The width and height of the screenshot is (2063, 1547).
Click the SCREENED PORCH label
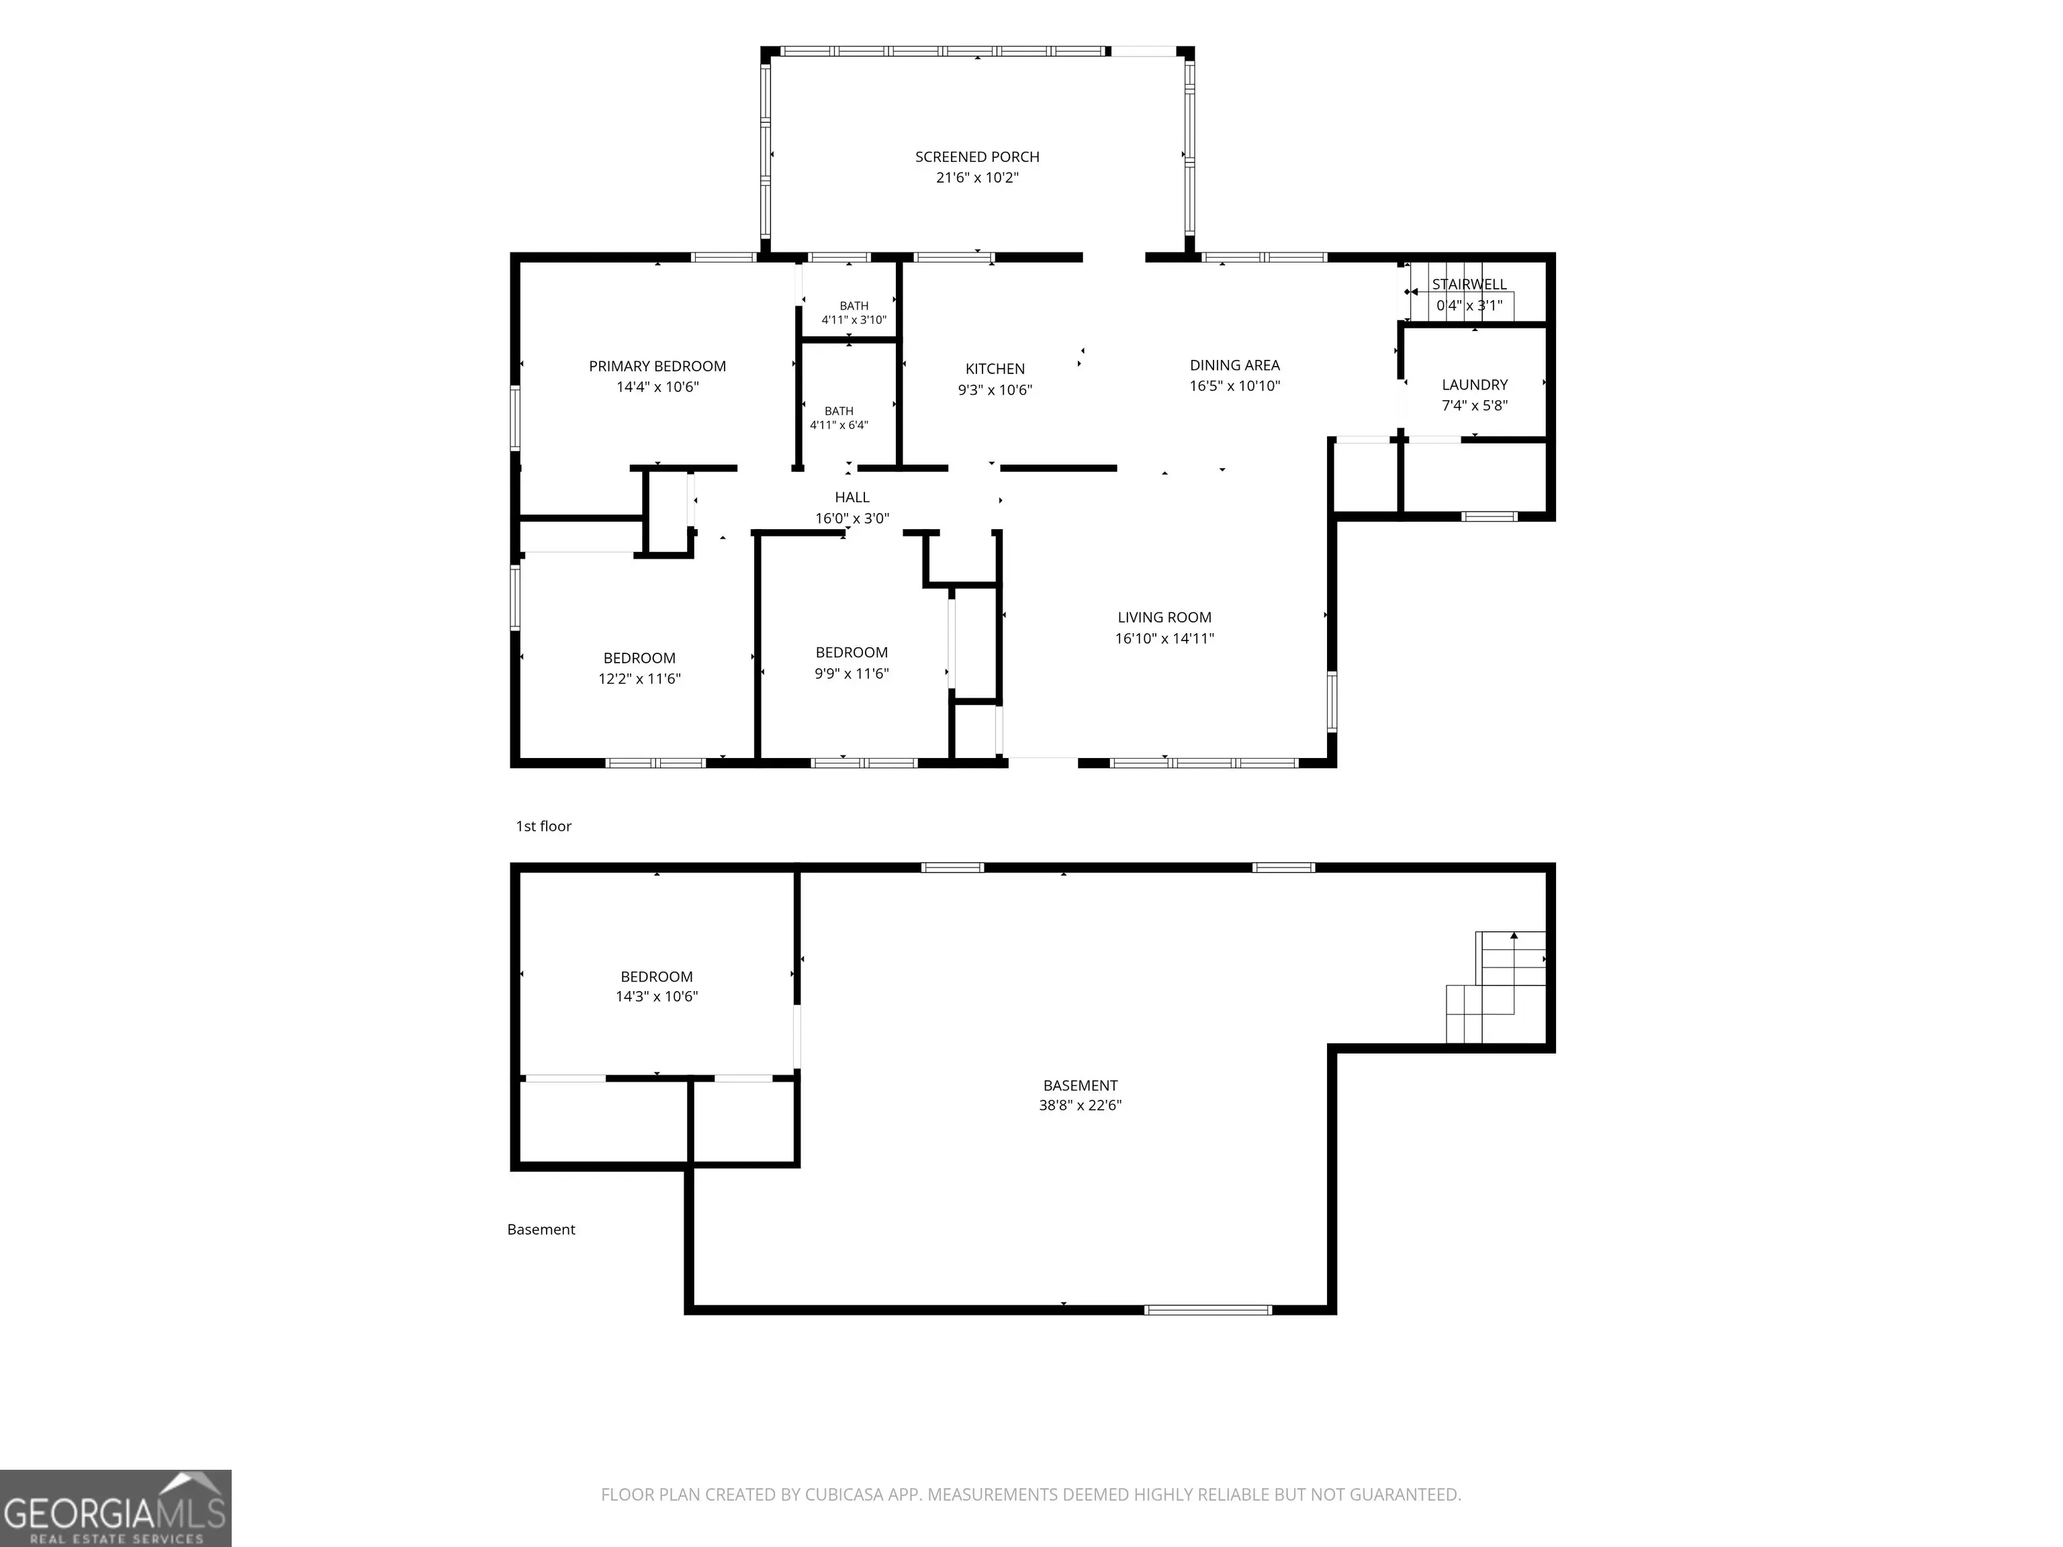pos(976,156)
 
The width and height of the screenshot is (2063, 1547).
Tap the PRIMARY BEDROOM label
pos(657,367)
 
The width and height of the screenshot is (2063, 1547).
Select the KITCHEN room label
pos(995,369)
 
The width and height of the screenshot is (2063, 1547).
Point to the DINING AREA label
pos(1235,365)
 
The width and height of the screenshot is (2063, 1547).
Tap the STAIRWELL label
pos(1470,285)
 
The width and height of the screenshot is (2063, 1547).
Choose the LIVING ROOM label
pos(1165,617)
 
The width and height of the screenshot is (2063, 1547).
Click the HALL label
pos(852,498)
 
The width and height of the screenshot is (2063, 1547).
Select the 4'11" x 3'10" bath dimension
pos(854,320)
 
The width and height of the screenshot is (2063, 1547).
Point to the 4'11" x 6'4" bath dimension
pos(839,425)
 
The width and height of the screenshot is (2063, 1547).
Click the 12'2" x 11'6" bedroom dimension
pos(640,679)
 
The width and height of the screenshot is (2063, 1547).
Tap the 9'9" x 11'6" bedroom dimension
pos(852,673)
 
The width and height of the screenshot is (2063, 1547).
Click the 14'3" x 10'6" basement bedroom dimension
pos(657,996)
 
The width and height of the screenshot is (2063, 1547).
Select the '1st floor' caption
pos(544,826)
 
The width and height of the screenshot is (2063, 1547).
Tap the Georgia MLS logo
pos(116,1508)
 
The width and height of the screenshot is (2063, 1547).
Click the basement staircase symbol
pos(1496,986)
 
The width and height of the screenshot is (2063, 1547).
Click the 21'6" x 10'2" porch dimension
pos(977,177)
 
